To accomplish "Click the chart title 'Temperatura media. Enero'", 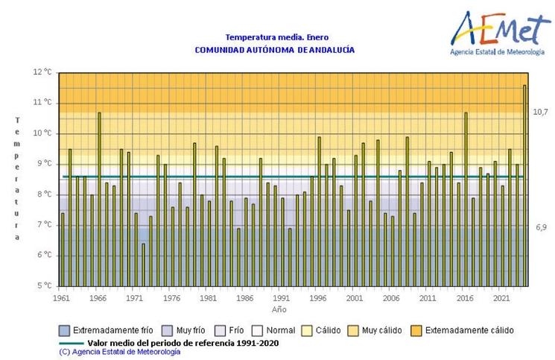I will [276, 37].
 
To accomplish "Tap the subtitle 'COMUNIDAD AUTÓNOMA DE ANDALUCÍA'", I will [274, 50].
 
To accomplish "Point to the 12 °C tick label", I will [43, 72].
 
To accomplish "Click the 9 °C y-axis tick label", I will [43, 164].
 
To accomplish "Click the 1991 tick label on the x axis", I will [282, 298].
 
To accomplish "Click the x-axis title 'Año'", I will [279, 309].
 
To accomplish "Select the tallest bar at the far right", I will [524, 186].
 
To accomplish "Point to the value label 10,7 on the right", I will [540, 112].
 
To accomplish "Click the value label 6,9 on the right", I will [540, 227].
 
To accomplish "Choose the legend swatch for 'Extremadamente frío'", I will [65, 330].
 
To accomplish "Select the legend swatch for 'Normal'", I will [257, 330].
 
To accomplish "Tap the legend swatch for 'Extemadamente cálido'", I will [415, 330].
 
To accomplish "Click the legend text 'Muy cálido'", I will [382, 330].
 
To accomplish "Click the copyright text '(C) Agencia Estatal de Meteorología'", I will [119, 351].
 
